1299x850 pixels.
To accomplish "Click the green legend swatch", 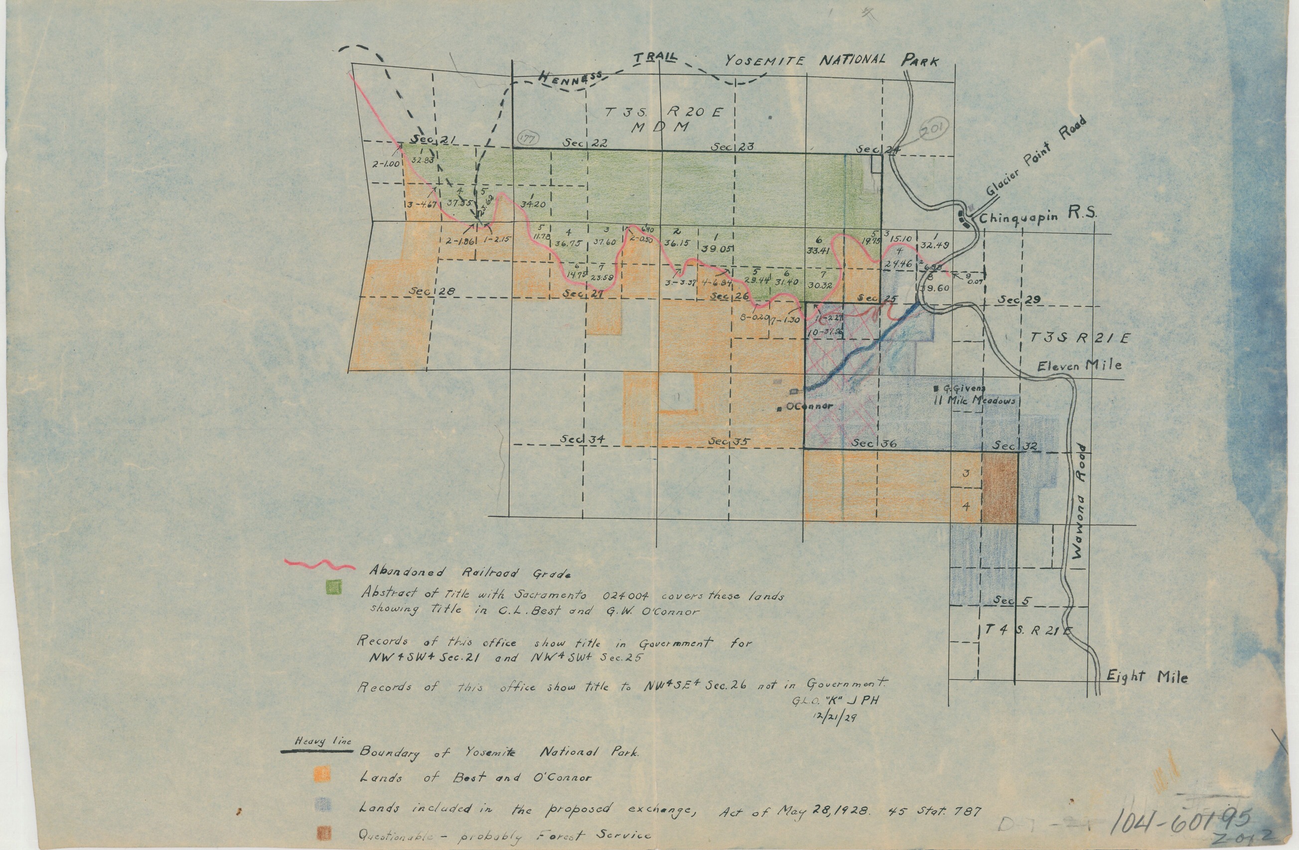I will (x=333, y=587).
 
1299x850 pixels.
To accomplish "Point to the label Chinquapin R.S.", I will (x=1036, y=216).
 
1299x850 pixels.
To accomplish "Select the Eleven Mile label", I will (x=1079, y=365).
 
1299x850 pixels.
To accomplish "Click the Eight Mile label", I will (x=1147, y=677).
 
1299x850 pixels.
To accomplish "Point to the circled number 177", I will (x=527, y=139).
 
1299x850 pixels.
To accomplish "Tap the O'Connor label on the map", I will (x=808, y=406).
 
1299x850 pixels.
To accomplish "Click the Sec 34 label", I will (x=582, y=439).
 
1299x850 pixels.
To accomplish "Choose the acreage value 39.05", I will (x=716, y=248).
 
